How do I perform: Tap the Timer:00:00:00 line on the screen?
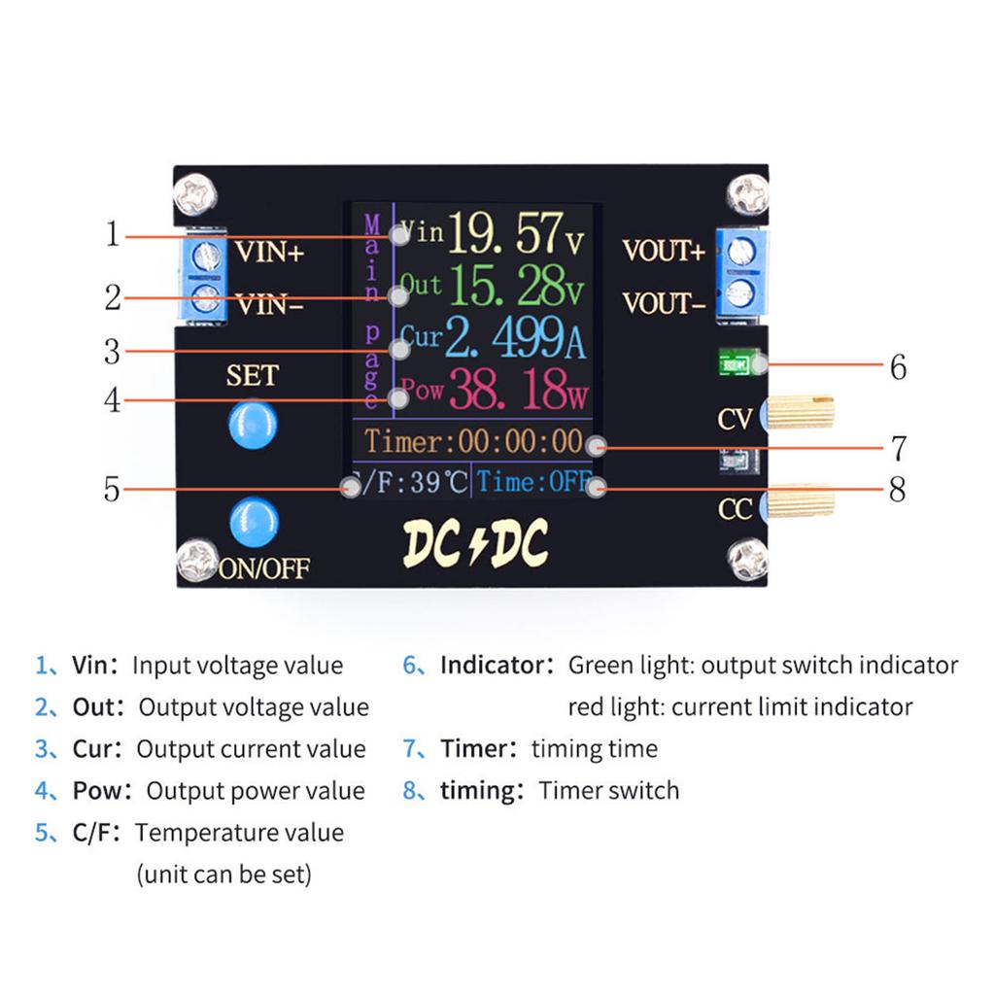473,442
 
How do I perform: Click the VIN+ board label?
270,253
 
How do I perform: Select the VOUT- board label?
664,304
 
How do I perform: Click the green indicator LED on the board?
734,363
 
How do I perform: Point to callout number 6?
898,367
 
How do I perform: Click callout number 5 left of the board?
113,489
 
